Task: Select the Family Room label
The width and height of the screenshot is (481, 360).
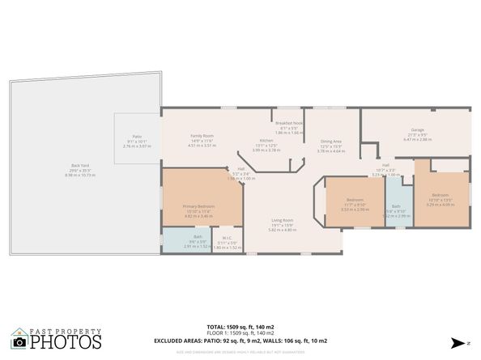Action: point(202,136)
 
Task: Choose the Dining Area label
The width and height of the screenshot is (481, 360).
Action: point(330,142)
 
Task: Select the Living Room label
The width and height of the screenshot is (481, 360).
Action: point(282,221)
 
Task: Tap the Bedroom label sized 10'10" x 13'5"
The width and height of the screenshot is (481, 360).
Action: point(441,196)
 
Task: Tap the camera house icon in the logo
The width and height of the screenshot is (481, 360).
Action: point(19,340)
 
